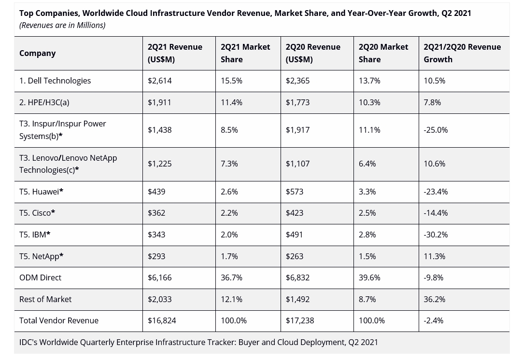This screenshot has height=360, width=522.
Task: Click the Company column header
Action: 37,53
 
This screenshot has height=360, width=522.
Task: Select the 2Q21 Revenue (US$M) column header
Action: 175,53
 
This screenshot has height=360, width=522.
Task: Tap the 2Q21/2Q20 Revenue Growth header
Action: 462,53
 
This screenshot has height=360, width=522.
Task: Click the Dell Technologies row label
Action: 55,81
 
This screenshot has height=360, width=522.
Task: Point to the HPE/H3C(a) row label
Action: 44,102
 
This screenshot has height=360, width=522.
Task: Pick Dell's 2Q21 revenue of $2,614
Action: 159,81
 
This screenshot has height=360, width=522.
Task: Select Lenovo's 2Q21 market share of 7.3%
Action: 229,164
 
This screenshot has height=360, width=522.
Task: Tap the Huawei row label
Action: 41,192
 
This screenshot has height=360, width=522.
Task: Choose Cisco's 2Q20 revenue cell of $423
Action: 294,213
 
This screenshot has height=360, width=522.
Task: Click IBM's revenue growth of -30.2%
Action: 436,235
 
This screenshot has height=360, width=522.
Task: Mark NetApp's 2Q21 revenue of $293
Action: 156,256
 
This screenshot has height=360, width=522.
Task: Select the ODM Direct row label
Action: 40,277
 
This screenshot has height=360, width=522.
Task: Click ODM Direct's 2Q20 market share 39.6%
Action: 369,277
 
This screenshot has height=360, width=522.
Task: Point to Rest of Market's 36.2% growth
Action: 434,299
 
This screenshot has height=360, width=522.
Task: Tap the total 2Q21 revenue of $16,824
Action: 162,320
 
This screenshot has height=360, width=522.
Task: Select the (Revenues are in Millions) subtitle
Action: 62,25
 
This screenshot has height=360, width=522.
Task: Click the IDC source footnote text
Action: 198,342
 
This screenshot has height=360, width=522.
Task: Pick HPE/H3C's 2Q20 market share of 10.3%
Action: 369,102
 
